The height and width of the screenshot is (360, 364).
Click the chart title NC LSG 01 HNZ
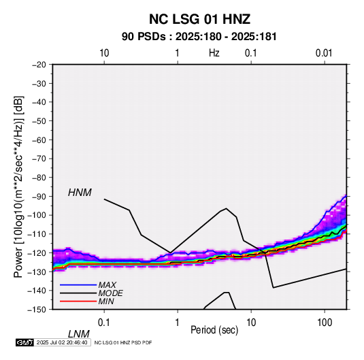(199, 19)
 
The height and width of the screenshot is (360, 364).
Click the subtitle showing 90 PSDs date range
(199, 37)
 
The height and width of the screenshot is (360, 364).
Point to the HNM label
(80, 193)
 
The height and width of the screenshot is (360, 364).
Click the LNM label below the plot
(79, 334)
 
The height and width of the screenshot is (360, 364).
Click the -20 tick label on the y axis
(39, 65)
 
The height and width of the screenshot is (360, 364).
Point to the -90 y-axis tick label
(39, 196)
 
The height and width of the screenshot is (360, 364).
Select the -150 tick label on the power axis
(37, 310)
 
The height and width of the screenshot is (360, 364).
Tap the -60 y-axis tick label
(39, 140)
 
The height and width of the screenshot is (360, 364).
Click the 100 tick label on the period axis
(325, 323)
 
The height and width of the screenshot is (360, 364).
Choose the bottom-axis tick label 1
(178, 323)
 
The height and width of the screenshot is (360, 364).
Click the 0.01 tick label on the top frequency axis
(324, 53)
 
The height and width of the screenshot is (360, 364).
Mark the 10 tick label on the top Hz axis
(104, 53)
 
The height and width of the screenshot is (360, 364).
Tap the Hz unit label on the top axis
(214, 53)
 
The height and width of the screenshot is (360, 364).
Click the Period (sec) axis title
(214, 330)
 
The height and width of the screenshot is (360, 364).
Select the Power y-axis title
(18, 187)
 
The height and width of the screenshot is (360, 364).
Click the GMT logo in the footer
(24, 342)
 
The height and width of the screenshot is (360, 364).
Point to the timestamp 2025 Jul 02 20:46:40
(62, 342)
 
